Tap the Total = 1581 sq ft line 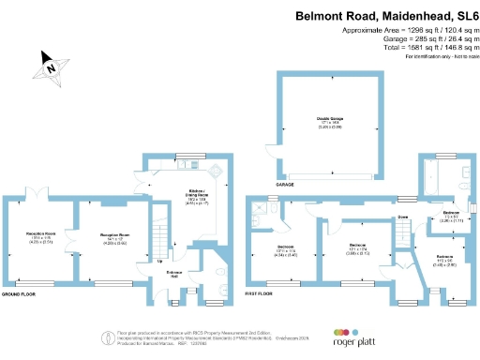[x=406, y=46]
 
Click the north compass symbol [x=51, y=67]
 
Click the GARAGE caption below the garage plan [x=283, y=185]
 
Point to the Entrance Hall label [x=174, y=274]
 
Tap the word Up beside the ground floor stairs [x=158, y=261]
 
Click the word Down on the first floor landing [x=402, y=217]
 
